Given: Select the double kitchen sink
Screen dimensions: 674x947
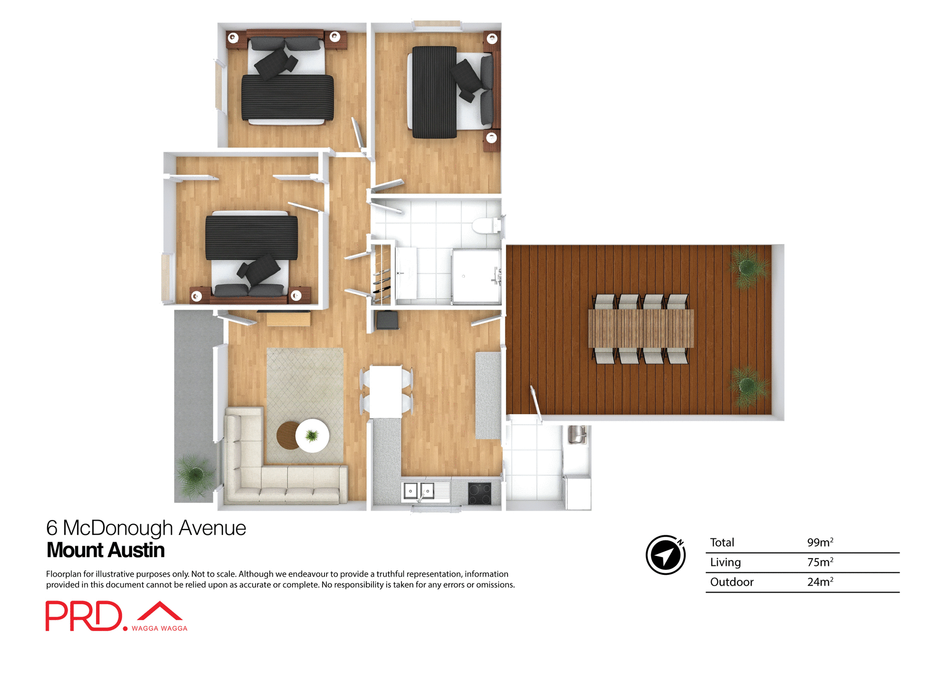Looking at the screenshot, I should click(x=419, y=491).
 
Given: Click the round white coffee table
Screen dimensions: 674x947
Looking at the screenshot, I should click(x=312, y=436).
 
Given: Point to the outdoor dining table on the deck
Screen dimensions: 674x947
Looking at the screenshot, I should click(x=641, y=329).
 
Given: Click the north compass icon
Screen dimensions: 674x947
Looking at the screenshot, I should click(x=665, y=555).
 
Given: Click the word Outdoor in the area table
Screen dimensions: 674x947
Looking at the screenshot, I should click(x=731, y=582).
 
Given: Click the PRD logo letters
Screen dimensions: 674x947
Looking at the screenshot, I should click(x=84, y=616).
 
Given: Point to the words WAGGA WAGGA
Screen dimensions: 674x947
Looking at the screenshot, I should click(x=159, y=628).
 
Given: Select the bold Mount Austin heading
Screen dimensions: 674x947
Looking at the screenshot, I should click(x=106, y=550).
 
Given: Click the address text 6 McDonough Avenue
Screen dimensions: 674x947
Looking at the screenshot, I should click(x=146, y=528).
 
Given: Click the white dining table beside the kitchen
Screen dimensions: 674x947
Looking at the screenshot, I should click(x=386, y=391).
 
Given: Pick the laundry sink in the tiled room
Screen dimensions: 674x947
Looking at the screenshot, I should click(x=577, y=435).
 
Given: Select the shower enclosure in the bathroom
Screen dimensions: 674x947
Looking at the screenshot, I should click(x=476, y=276).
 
